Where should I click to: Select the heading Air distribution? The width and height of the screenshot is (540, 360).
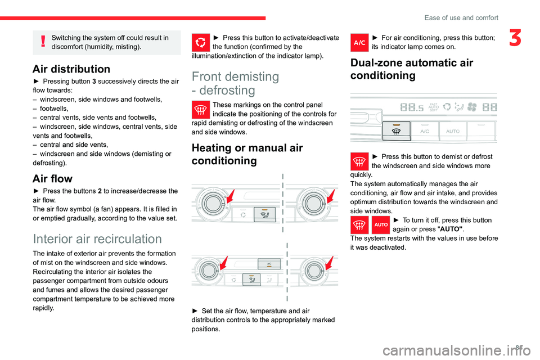click(71, 69)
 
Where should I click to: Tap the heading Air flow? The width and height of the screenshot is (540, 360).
click(52, 179)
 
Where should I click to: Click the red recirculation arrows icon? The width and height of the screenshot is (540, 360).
click(201, 43)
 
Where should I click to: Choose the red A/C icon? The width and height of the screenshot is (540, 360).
click(359, 43)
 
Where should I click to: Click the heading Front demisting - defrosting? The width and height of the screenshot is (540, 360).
click(235, 83)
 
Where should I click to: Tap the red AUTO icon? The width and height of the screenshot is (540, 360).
click(381, 225)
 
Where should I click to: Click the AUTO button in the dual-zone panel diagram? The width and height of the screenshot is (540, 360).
click(453, 130)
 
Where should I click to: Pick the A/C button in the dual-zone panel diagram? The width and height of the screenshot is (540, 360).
click(426, 130)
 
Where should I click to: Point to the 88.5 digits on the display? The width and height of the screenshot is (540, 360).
click(412, 106)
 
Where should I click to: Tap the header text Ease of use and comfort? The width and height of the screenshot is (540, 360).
click(461, 17)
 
